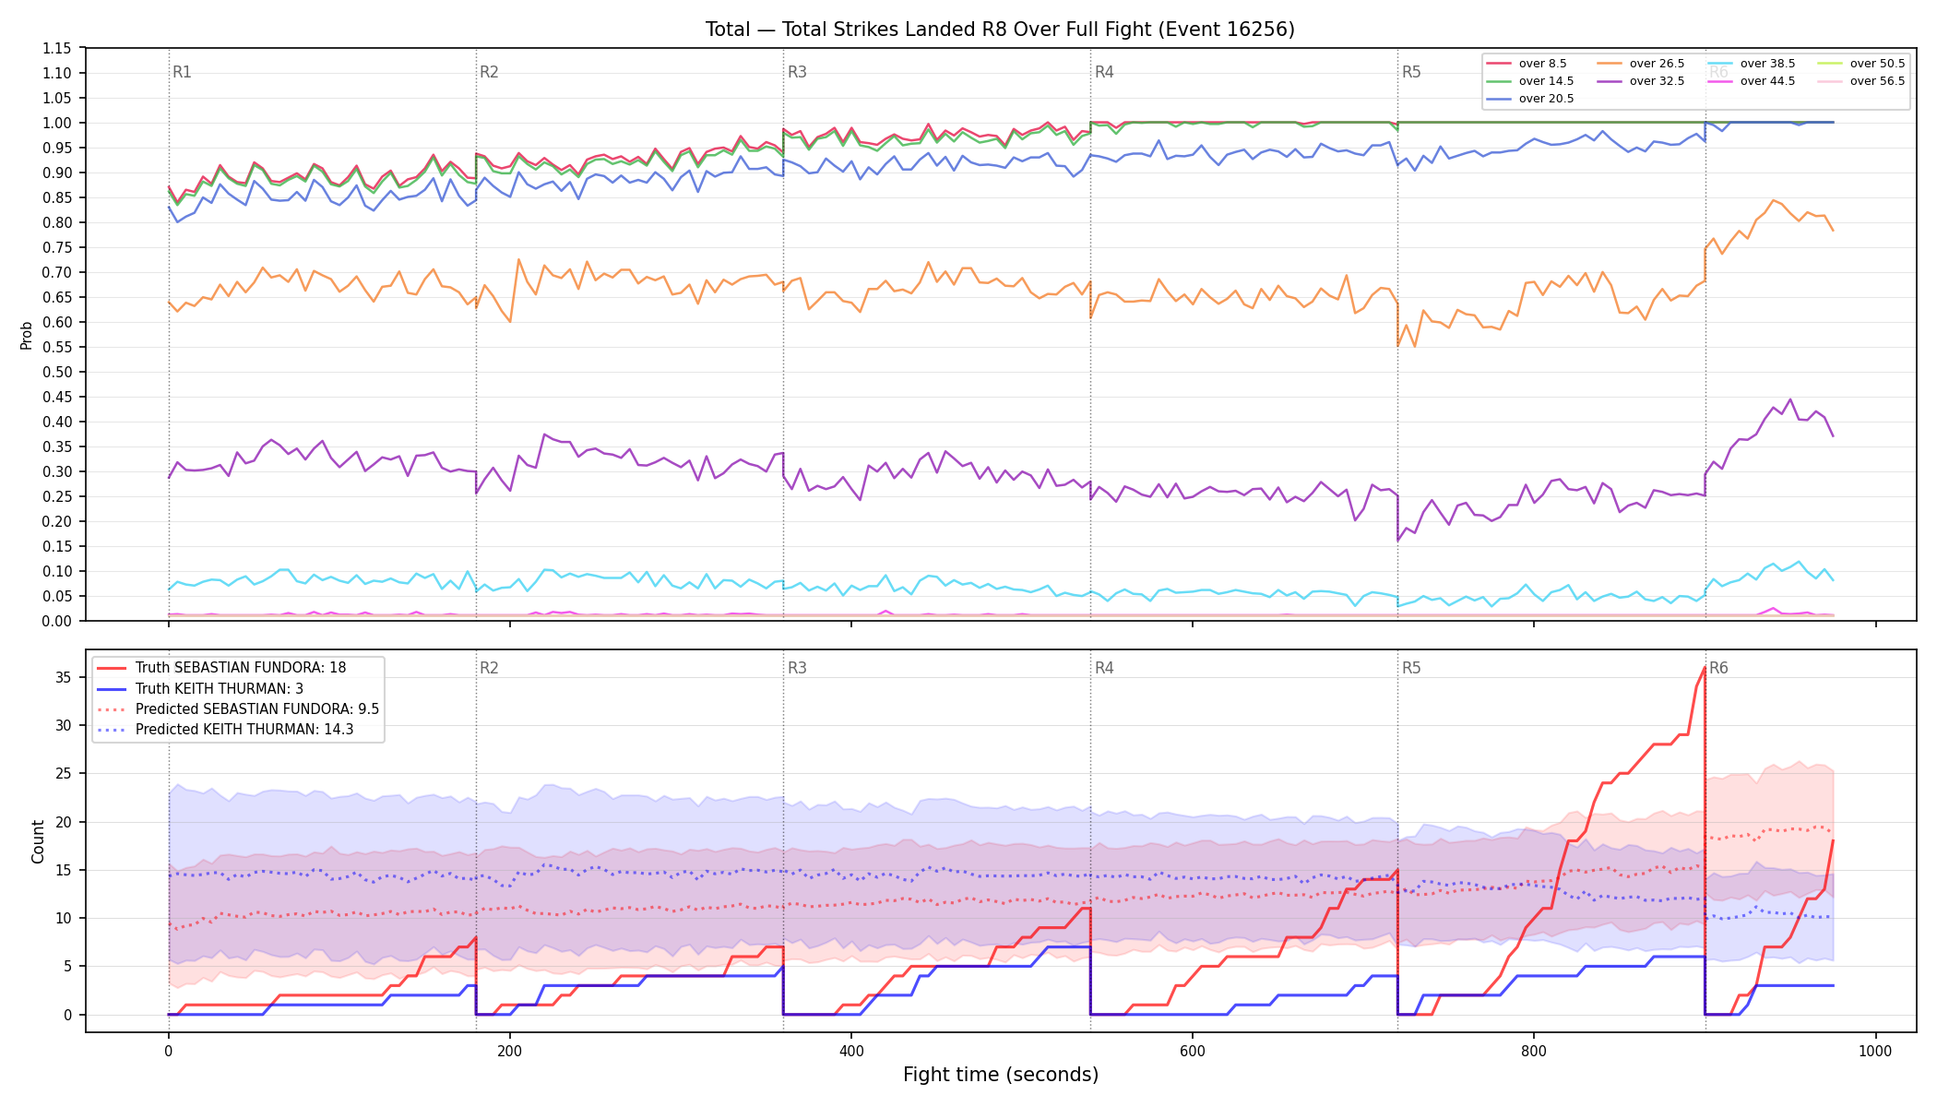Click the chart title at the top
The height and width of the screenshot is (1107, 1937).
tap(1000, 30)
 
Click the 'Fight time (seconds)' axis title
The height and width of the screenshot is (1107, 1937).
tap(1001, 1075)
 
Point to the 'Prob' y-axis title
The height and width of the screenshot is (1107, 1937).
tap(27, 335)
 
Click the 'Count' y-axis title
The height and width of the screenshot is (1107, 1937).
tap(38, 841)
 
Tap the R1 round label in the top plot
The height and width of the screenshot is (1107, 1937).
tap(182, 72)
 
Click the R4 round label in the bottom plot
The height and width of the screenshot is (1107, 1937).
tap(1104, 668)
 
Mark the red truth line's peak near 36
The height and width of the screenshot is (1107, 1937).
tap(1704, 668)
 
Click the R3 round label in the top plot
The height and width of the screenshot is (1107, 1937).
tap(797, 72)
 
